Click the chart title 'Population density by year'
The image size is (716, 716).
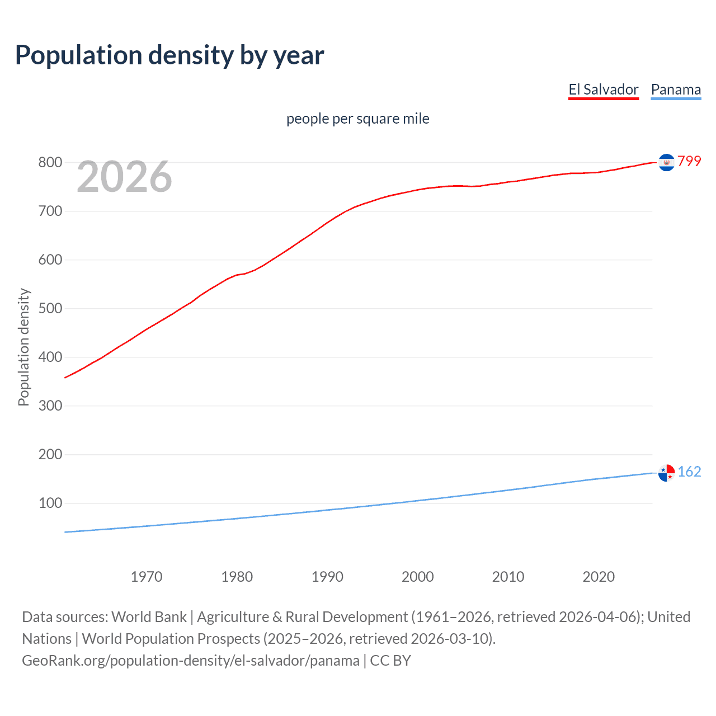tap(169, 55)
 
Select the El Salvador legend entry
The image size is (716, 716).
tap(603, 89)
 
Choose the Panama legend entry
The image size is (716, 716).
tap(676, 89)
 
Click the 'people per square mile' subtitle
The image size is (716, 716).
tap(357, 119)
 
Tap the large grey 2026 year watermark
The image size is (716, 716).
tap(124, 177)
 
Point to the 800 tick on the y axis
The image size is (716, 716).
tap(50, 163)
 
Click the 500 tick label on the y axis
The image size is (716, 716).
tap(50, 309)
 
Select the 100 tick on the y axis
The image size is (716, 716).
tap(50, 503)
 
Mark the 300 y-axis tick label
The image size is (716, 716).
tap(50, 406)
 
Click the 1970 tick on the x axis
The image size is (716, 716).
tap(147, 577)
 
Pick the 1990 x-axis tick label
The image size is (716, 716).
tap(327, 577)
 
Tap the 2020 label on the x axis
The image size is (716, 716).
tap(599, 577)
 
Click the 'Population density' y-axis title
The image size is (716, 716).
tap(23, 347)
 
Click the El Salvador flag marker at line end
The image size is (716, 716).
tap(666, 162)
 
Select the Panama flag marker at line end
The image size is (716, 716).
tap(666, 473)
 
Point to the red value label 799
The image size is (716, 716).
tap(689, 162)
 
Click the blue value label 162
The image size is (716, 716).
tap(689, 472)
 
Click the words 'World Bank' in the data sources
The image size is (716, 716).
tap(149, 617)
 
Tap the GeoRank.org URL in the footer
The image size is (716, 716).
tap(190, 661)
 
